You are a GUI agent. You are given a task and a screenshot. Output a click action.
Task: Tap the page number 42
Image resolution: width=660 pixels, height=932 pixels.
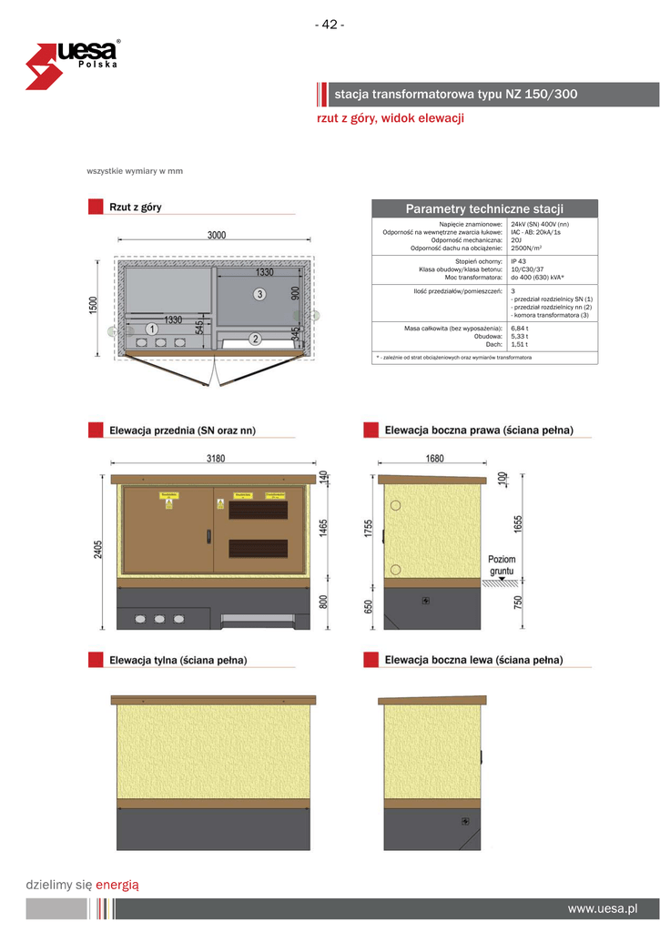[330, 25]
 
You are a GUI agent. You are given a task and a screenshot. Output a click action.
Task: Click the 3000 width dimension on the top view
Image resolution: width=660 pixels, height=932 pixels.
[216, 235]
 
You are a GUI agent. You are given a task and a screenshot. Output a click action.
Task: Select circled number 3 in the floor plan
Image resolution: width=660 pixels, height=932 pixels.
[259, 294]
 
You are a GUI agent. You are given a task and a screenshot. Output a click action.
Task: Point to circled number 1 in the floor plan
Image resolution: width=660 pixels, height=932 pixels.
[151, 329]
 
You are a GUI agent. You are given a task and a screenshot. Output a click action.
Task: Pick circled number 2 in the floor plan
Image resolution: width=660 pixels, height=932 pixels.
[256, 339]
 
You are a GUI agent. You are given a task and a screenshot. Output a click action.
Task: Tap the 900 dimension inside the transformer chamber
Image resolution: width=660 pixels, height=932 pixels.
[294, 293]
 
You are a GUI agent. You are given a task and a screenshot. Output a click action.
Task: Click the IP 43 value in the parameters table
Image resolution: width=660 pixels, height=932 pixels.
[519, 261]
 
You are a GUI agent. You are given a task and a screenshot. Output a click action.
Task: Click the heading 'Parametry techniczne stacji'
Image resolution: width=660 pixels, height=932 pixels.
[484, 209]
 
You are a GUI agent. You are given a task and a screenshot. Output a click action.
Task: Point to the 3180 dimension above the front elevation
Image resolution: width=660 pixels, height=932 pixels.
[215, 459]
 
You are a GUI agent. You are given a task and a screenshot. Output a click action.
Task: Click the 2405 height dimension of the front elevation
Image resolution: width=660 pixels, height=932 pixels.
[96, 549]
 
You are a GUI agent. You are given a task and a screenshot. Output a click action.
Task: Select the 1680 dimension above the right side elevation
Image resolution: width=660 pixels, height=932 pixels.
[435, 459]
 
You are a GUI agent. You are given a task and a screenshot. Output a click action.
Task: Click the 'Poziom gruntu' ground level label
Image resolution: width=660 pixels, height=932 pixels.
[502, 565]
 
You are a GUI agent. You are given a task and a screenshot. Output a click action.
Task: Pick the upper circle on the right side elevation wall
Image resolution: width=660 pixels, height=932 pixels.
[395, 506]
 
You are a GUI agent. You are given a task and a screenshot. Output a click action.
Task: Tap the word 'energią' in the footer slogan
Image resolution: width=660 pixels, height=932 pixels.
[117, 884]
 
